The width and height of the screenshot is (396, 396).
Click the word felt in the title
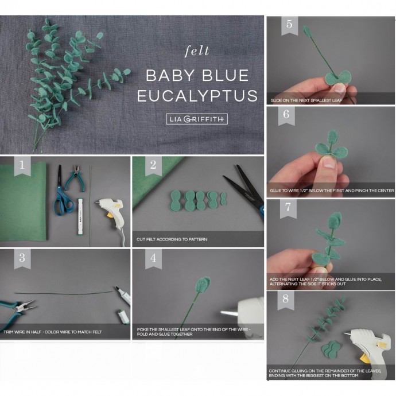click(197, 51)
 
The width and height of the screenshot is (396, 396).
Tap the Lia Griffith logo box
click(197, 119)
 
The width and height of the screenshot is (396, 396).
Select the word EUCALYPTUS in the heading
click(197, 96)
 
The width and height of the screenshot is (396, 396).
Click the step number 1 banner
click(22, 166)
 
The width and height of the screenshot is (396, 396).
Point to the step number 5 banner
click(289, 25)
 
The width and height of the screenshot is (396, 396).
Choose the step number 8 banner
click(286, 300)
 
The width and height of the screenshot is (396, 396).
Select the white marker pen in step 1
click(81, 217)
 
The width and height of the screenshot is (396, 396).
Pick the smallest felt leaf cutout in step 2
click(223, 199)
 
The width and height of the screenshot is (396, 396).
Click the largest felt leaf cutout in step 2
click(177, 200)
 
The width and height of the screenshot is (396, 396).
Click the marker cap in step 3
click(124, 317)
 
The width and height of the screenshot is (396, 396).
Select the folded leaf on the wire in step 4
click(203, 285)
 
